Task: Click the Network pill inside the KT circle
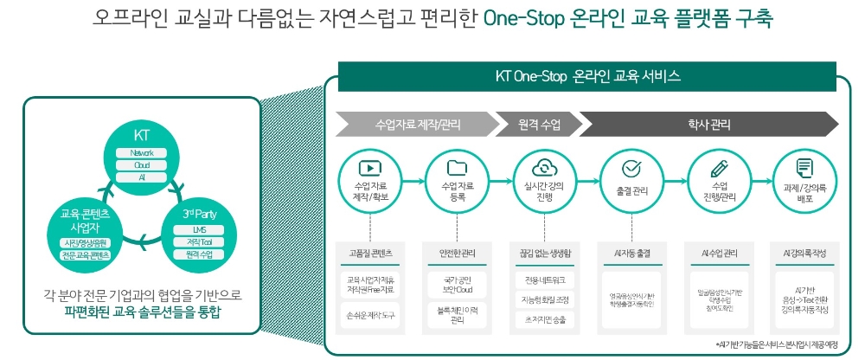(x=142, y=153)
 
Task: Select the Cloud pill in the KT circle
(x=142, y=164)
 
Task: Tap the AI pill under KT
(x=142, y=177)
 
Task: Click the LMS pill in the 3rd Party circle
(x=200, y=229)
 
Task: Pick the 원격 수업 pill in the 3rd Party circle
(x=200, y=254)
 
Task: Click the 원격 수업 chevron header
(x=539, y=125)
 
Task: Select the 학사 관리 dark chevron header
(x=708, y=125)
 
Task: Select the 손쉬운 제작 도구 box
(x=370, y=316)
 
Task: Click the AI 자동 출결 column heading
(x=631, y=254)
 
